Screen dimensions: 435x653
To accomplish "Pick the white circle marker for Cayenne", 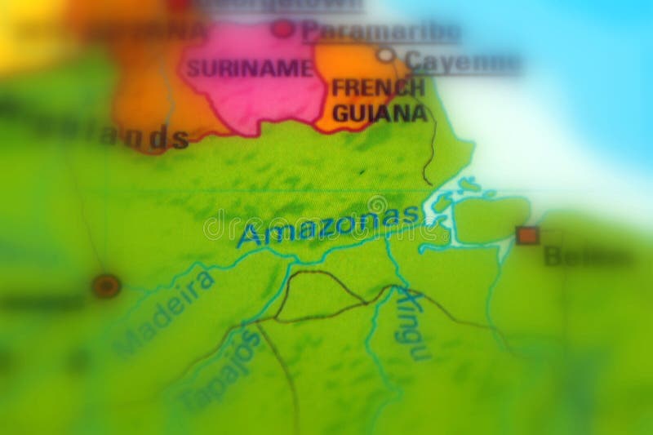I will pos(386,55).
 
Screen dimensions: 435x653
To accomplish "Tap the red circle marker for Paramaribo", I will pos(283,29).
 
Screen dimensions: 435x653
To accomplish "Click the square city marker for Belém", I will pos(527,235).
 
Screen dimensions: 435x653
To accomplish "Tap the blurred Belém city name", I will pos(571,256).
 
